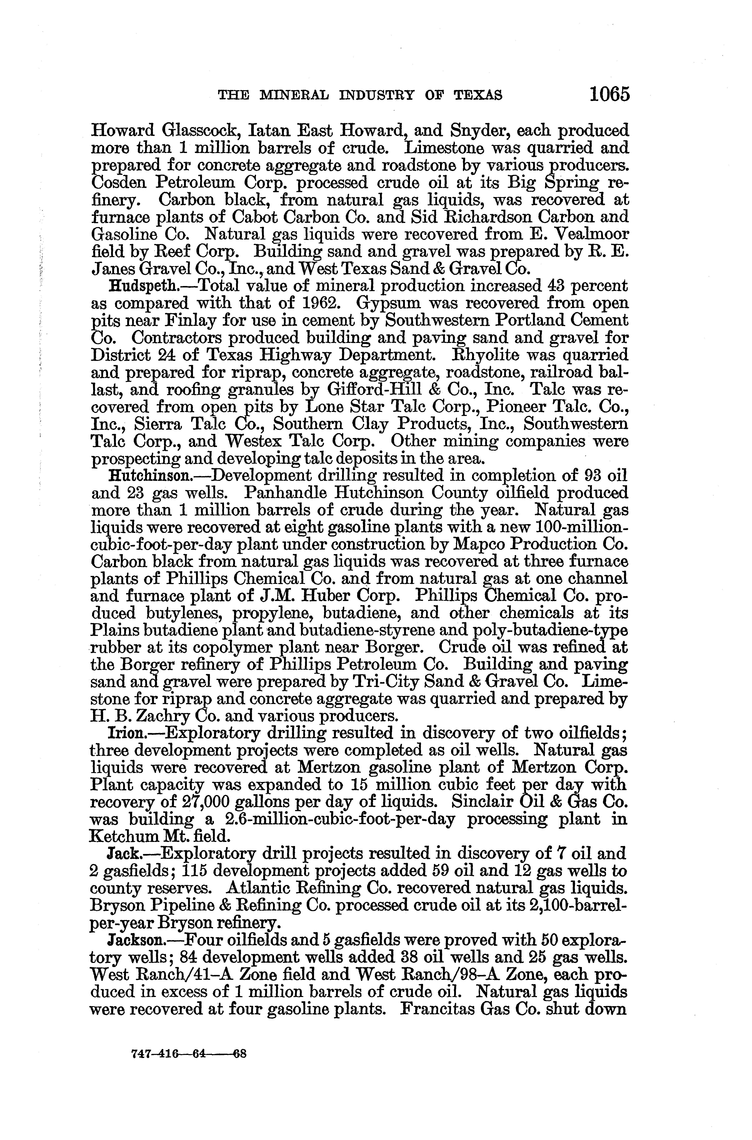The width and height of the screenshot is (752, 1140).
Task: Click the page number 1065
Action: (609, 94)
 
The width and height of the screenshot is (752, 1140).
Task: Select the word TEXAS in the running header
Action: (476, 95)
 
